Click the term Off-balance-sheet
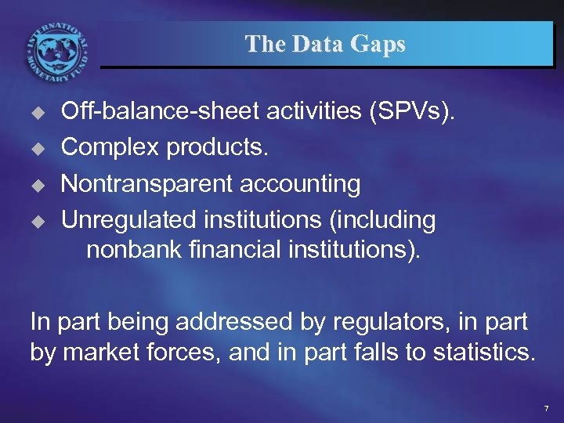[161, 112]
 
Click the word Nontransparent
[146, 184]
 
